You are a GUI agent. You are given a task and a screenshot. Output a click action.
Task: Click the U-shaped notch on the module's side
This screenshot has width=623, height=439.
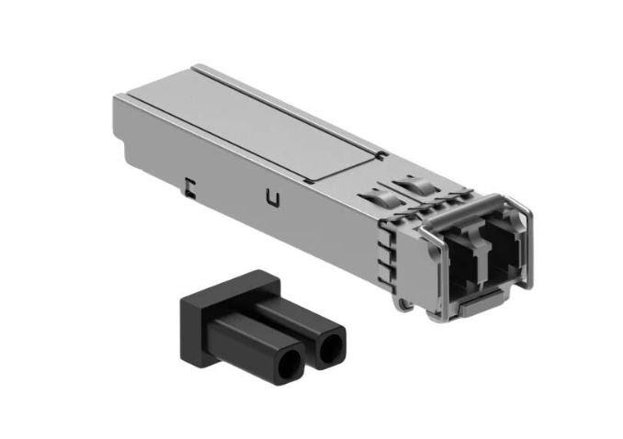click(x=271, y=197)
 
